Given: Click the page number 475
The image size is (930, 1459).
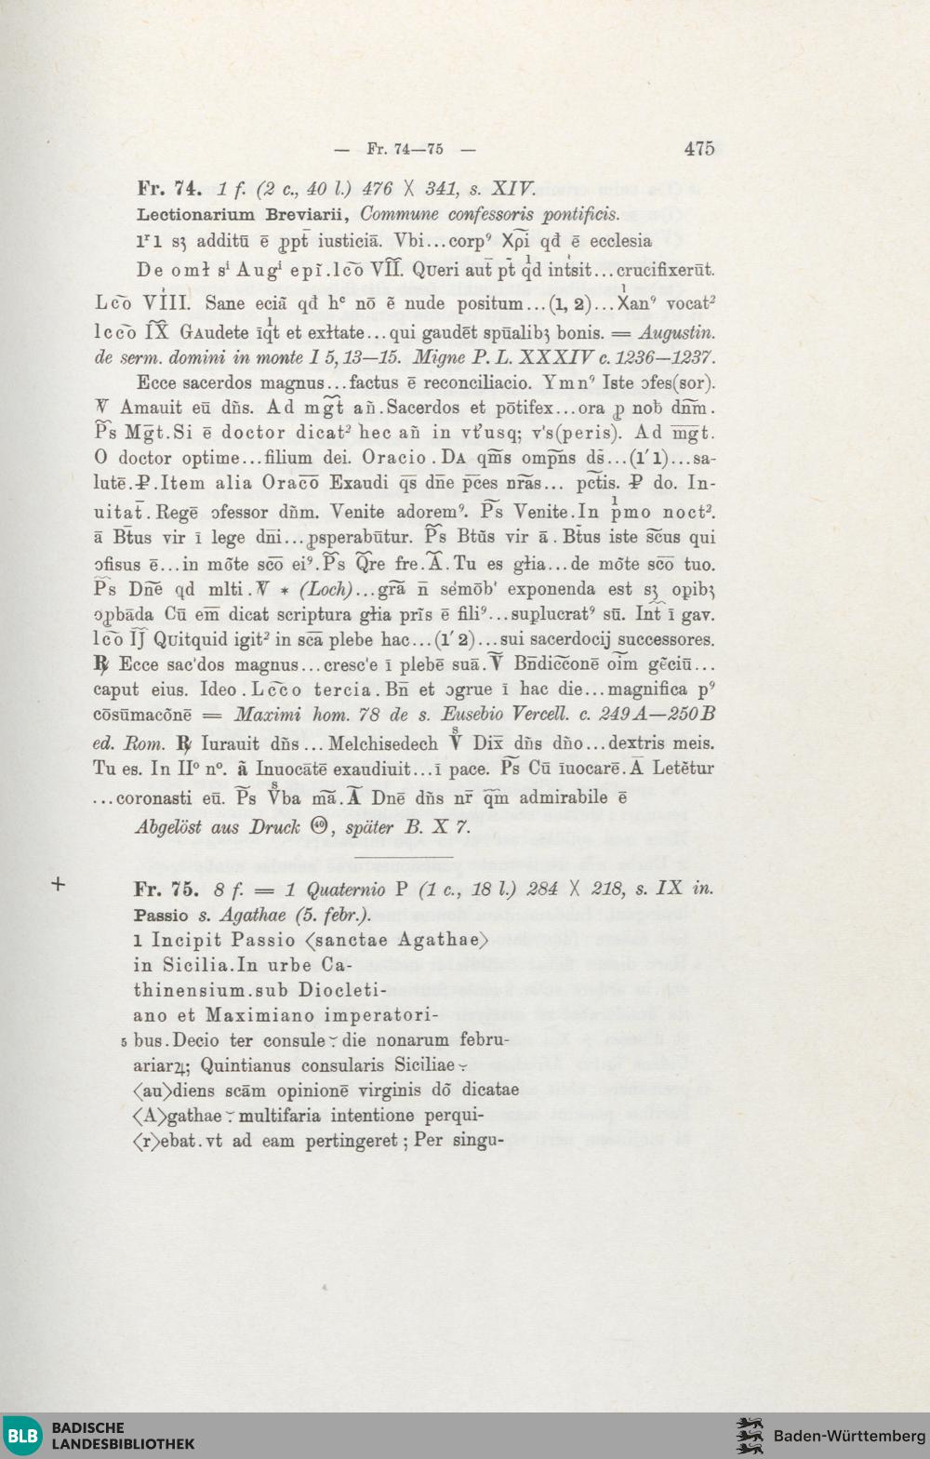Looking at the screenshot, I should point(698,148).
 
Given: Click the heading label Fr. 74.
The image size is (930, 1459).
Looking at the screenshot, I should point(168,189).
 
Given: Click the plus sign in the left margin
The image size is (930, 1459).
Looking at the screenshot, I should point(58,883).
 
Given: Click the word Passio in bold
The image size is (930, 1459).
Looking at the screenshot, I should point(161,915).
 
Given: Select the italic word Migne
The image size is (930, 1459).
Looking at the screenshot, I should point(441,357).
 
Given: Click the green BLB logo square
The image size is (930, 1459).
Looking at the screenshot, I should point(22,1434).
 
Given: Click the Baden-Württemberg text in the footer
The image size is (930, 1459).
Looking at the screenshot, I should point(850,1436).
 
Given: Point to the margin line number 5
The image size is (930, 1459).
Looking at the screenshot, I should point(124,1041).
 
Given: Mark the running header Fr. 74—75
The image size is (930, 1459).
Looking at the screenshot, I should point(405,149).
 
